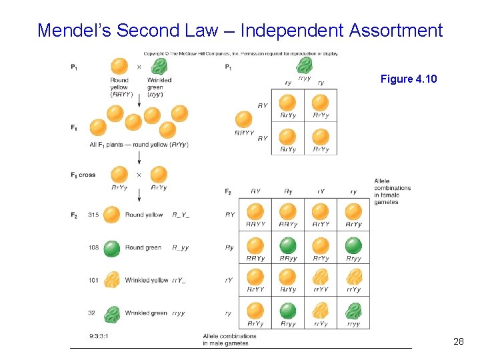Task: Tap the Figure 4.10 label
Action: pyautogui.click(x=409, y=79)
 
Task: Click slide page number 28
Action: pyautogui.click(x=458, y=341)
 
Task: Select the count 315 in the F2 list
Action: pyautogui.click(x=93, y=215)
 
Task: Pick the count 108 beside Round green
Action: pyautogui.click(x=93, y=247)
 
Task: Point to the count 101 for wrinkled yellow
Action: pyautogui.click(x=93, y=280)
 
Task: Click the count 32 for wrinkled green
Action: pyautogui.click(x=91, y=313)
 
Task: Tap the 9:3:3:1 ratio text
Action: pyautogui.click(x=99, y=335)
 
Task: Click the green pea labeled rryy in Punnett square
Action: pyautogui.click(x=353, y=311)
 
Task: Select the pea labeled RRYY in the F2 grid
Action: pyautogui.click(x=255, y=212)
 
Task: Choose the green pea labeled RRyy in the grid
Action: pyautogui.click(x=288, y=245)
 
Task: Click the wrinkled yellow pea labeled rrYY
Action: pyautogui.click(x=321, y=277)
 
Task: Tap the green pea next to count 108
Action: pyautogui.click(x=112, y=247)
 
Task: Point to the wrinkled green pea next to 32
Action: pyautogui.click(x=112, y=313)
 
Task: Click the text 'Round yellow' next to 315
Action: pyautogui.click(x=143, y=215)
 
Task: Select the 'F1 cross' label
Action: pyautogui.click(x=83, y=175)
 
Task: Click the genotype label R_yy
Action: pyautogui.click(x=180, y=247)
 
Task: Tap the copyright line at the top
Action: pyautogui.click(x=241, y=53)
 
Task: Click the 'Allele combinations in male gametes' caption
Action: pyautogui.click(x=226, y=340)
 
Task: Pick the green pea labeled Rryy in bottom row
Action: pyautogui.click(x=288, y=311)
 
